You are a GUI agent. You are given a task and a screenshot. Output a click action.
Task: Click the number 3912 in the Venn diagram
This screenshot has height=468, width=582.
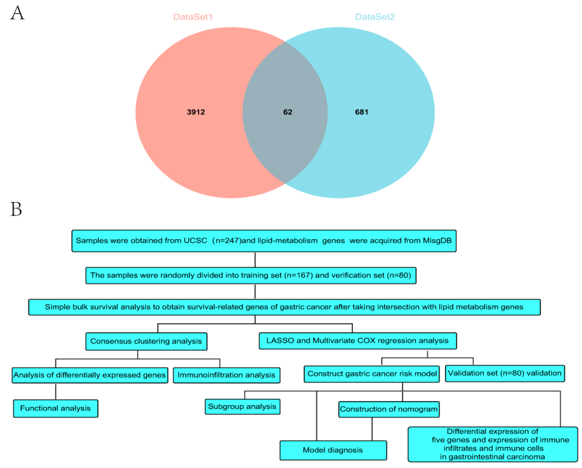196,112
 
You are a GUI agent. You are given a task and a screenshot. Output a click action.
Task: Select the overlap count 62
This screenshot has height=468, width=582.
287,112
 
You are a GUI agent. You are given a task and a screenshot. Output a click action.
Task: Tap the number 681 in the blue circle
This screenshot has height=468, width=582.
362,112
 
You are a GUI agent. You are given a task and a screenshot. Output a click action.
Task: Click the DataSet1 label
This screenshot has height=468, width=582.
193,17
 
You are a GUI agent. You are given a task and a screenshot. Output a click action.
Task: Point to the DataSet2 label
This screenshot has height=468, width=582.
375,17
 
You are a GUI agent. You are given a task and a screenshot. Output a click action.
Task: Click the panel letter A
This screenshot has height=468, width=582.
17,13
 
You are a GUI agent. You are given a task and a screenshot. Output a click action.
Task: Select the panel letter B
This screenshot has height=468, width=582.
16,209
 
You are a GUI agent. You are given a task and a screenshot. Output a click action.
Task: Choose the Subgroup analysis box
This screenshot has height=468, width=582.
242,406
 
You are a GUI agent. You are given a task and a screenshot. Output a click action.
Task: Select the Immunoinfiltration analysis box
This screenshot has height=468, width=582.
226,375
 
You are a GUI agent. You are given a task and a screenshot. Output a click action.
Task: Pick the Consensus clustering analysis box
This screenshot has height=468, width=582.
146,341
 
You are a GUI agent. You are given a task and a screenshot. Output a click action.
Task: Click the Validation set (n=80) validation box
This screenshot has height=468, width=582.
504,373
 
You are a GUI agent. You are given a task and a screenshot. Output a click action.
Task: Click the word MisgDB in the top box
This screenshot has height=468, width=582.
437,240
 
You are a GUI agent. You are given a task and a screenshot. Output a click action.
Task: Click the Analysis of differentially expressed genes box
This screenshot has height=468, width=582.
90,375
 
